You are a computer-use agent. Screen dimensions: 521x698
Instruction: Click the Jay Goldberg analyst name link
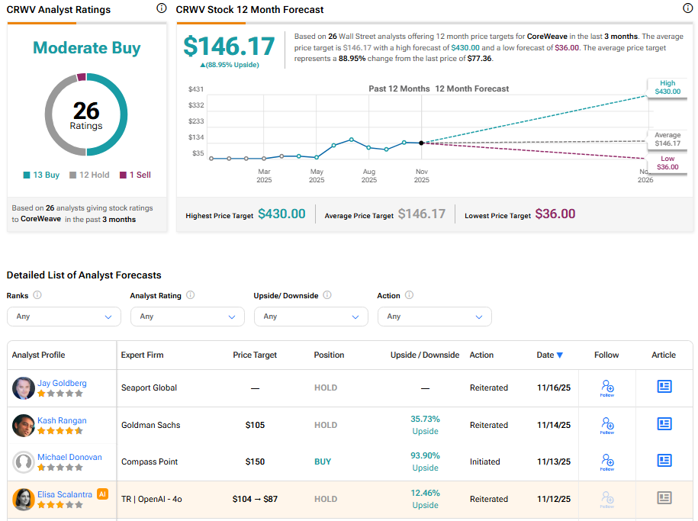[62, 383]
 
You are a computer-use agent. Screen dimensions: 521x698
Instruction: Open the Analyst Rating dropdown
[187, 317]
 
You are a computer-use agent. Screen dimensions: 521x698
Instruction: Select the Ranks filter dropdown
[63, 317]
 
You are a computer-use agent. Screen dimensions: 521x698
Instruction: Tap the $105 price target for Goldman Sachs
[255, 425]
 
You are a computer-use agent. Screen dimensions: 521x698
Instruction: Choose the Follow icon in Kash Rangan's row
[606, 425]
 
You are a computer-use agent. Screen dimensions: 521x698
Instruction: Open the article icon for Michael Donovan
[664, 461]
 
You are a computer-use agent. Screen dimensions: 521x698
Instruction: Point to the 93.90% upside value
[425, 455]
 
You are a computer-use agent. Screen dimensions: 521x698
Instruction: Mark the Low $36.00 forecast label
[667, 163]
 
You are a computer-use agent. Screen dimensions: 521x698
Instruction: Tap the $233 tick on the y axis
[196, 121]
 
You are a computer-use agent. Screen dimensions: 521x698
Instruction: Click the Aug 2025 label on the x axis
[369, 176]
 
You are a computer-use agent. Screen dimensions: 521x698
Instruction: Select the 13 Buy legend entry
[41, 175]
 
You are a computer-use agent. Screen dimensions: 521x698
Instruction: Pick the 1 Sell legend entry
[135, 175]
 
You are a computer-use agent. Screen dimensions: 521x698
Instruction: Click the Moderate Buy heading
[86, 48]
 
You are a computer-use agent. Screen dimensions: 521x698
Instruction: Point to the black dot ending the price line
[421, 143]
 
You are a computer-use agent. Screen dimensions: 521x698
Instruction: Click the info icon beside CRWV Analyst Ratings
[161, 8]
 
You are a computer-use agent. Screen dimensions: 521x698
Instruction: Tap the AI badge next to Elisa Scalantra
[103, 494]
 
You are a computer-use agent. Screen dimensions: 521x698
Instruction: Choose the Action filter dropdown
[434, 317]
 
